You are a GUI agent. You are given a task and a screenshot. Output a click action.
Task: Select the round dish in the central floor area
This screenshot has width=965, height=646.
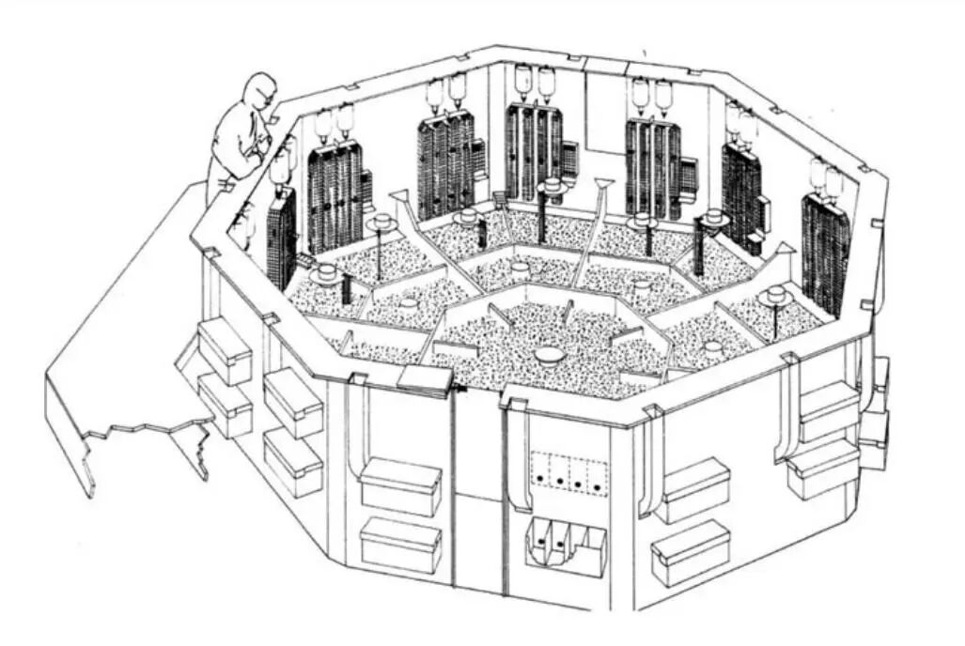click(x=548, y=354)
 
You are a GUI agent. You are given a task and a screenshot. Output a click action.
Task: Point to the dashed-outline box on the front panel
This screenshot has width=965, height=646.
click(x=569, y=473)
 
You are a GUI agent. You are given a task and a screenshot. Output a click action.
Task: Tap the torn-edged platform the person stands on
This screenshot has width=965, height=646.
click(x=122, y=357)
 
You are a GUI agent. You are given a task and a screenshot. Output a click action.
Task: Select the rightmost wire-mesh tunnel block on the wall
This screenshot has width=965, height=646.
click(x=825, y=252)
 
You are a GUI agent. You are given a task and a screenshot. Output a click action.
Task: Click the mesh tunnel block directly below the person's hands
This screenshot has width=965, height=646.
click(x=281, y=239)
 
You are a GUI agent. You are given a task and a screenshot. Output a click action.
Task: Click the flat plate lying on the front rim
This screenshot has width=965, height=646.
click(x=426, y=377)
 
